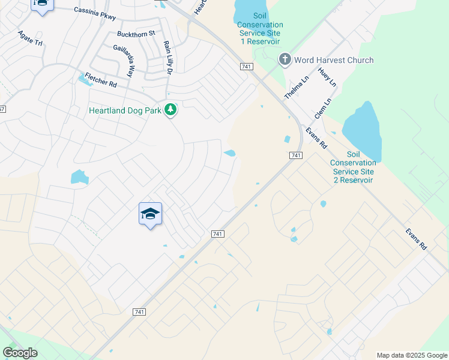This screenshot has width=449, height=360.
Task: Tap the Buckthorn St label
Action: click(x=136, y=34)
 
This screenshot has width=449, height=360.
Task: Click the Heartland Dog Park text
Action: click(x=125, y=110)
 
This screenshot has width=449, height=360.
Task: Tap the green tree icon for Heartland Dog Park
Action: click(x=171, y=109)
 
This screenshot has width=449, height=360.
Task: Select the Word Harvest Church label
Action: click(x=334, y=60)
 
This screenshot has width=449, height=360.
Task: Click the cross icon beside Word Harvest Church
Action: click(x=285, y=59)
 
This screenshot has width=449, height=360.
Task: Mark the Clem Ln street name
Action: click(x=323, y=109)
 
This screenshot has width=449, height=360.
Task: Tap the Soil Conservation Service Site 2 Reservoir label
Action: click(x=354, y=167)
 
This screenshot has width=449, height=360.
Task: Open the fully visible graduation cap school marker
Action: click(x=150, y=214)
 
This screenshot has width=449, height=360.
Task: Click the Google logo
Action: click(x=20, y=353)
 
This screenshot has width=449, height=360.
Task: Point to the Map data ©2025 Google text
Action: click(x=411, y=355)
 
